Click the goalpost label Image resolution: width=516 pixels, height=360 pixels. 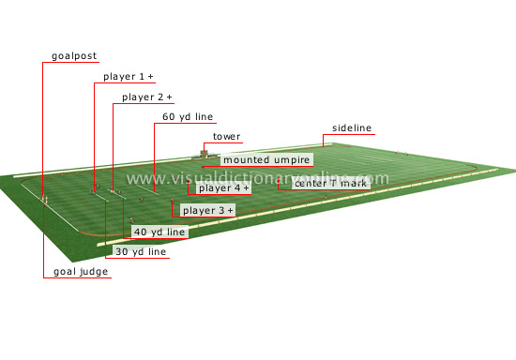coord(74,56)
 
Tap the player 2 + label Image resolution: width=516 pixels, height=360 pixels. coord(147,97)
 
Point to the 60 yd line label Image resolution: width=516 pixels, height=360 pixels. coord(188,117)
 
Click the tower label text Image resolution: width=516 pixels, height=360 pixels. coord(226,137)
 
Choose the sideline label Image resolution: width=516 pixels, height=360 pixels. coord(352,127)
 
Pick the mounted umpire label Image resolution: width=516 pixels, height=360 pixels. coord(266,160)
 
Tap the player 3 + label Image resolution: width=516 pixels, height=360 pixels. coord(208,211)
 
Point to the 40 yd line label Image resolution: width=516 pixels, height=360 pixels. coord(159,232)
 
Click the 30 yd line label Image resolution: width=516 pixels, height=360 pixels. coord(141,252)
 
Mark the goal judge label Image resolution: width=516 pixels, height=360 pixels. coord(81,272)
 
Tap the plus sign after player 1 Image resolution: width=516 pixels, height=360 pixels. coord(151,76)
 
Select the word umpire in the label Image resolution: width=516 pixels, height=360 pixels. coord(288,160)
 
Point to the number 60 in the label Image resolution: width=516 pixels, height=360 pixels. coord(169,117)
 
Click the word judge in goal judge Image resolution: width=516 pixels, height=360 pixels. coord(95,272)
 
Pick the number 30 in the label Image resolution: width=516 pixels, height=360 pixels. coord(122,252)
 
